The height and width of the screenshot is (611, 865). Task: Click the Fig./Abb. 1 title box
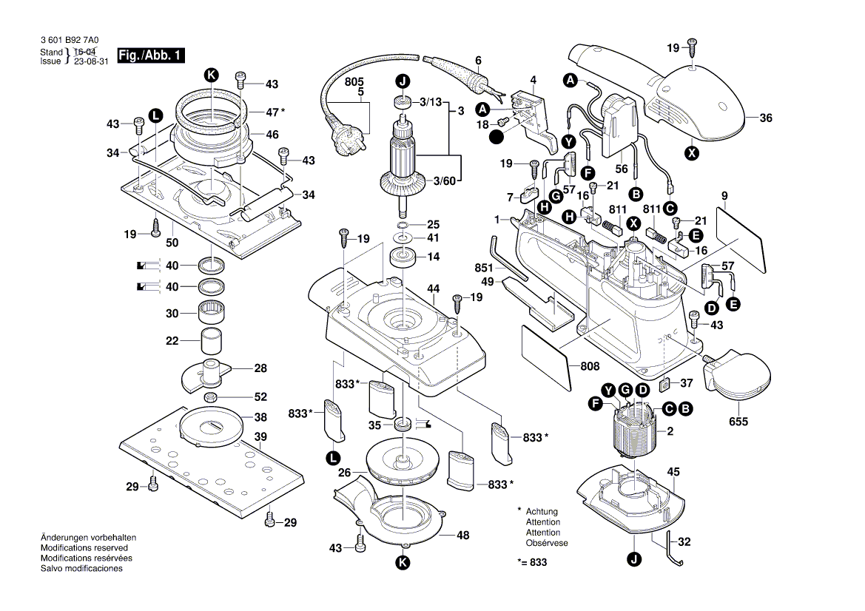[152, 55]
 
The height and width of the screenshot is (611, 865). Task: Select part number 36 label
[765, 117]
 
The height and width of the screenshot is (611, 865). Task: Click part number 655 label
[738, 422]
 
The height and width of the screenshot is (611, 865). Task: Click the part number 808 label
[590, 365]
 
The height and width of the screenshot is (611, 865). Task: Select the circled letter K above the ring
[212, 74]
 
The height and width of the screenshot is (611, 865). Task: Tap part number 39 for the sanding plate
[260, 437]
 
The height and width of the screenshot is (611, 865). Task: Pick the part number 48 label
[463, 535]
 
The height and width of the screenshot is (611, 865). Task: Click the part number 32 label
[684, 542]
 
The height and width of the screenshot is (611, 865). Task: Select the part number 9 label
[725, 195]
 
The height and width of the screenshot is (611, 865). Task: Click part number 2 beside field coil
[670, 431]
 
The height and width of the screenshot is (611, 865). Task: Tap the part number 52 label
[260, 396]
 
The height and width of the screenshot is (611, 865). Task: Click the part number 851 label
[484, 267]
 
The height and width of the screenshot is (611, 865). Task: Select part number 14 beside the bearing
[433, 257]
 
